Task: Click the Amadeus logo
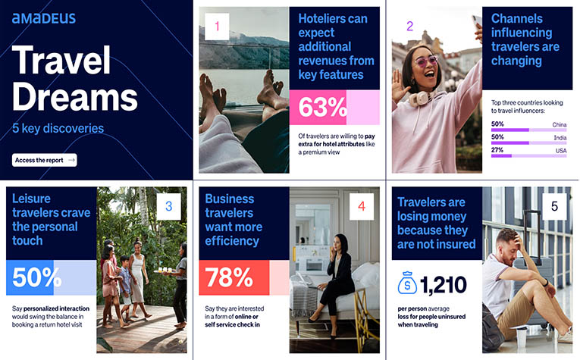44,18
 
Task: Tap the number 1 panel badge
217,28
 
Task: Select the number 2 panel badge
410,26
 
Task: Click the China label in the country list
560,124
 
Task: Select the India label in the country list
560,137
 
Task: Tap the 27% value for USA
497,150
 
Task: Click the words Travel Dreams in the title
74,79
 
